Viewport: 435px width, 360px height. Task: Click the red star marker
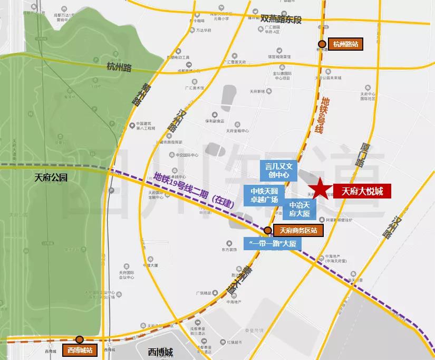click(318, 189)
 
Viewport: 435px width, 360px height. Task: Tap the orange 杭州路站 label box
click(345, 44)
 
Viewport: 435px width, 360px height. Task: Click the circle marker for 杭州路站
click(321, 44)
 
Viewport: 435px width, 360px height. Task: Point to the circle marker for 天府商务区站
click(268, 230)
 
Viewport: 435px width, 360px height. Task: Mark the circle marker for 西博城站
click(79, 339)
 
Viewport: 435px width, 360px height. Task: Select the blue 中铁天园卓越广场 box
click(268, 195)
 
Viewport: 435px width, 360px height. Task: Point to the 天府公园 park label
click(51, 178)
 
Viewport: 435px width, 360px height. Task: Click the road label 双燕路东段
click(281, 19)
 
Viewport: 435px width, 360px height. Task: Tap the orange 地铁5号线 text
click(322, 114)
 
